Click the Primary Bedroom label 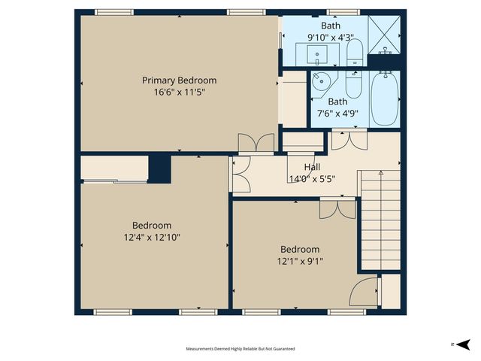[x=180, y=80]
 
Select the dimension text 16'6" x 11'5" [x=180, y=92]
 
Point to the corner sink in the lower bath [x=322, y=82]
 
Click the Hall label [x=313, y=167]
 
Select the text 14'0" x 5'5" [x=312, y=179]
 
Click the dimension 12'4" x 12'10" [x=152, y=237]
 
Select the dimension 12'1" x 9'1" [x=300, y=261]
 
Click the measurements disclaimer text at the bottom [x=240, y=349]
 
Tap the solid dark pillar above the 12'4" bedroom [x=160, y=167]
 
